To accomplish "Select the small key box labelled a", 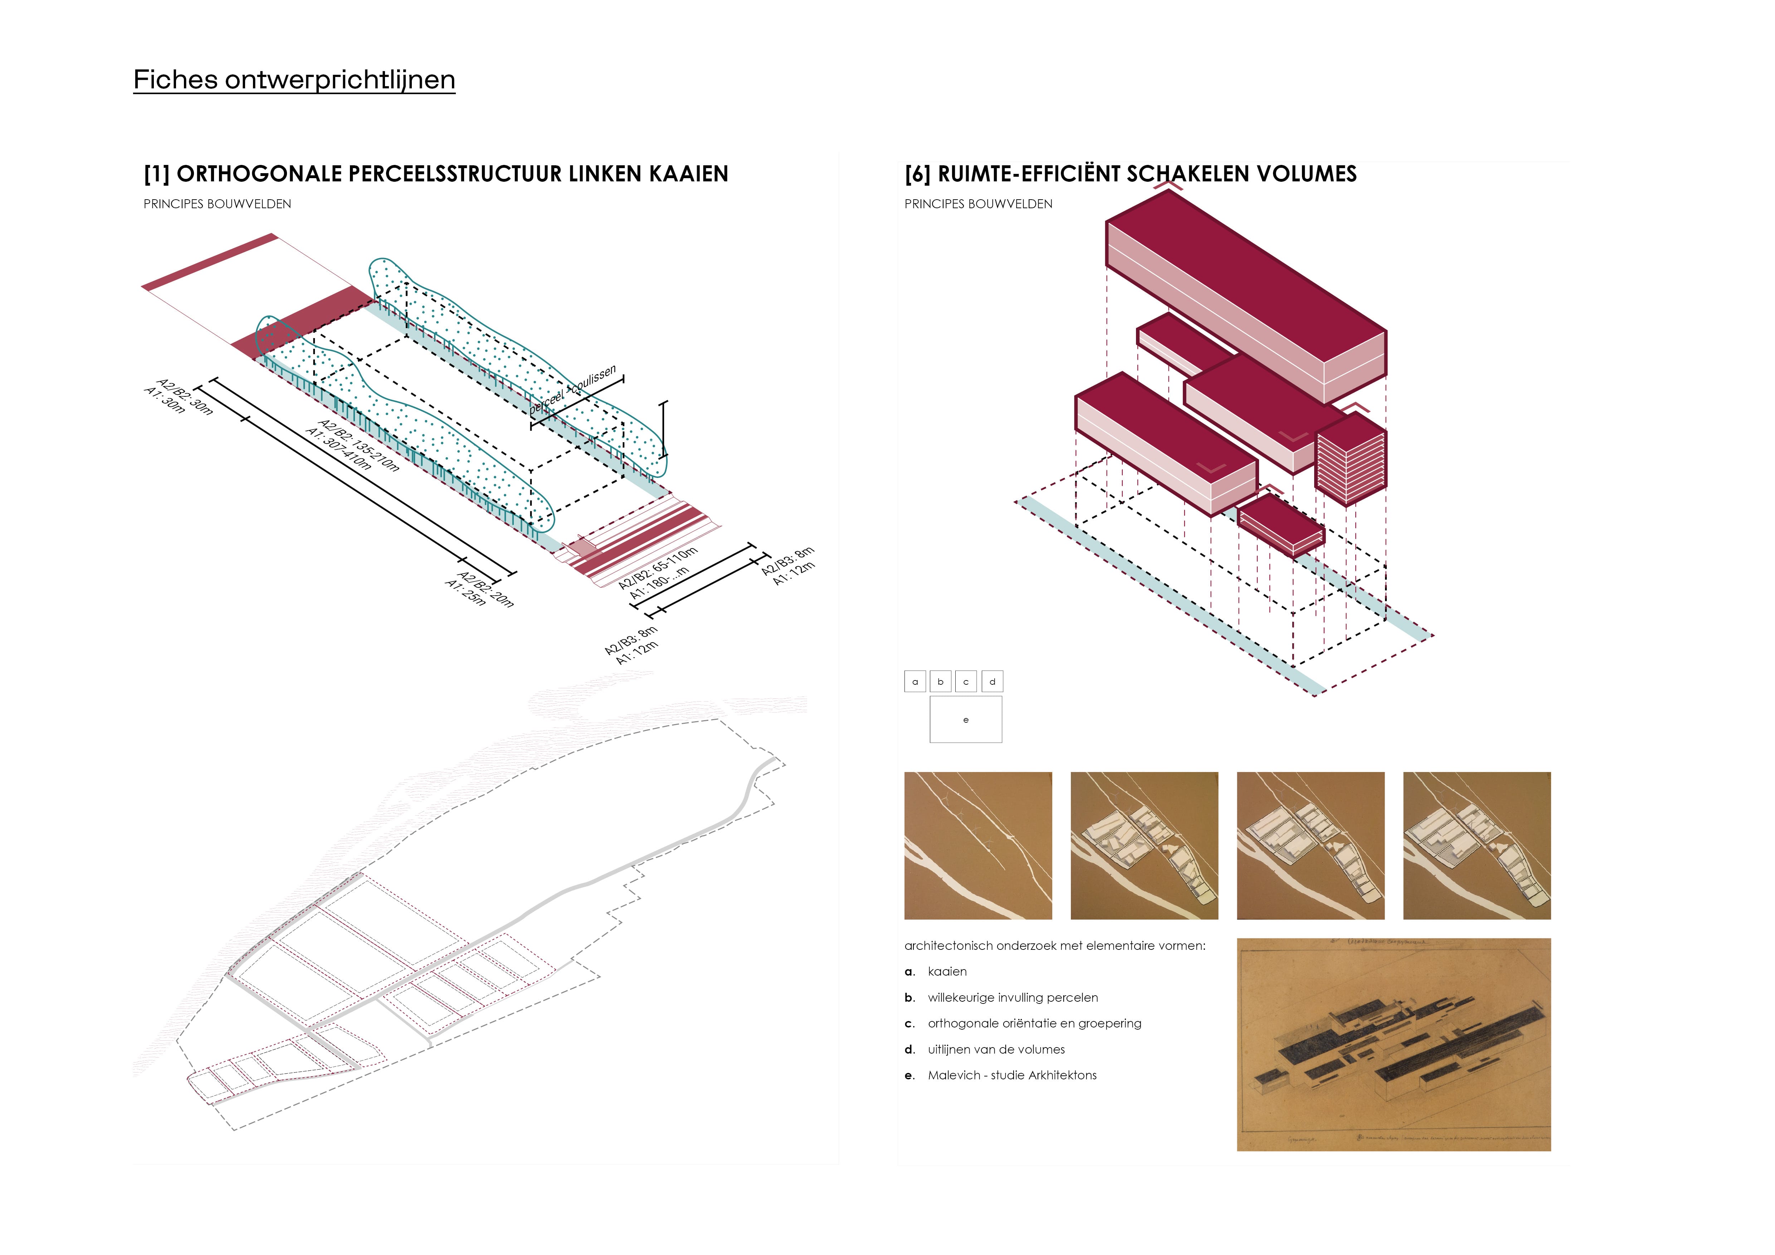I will tap(915, 682).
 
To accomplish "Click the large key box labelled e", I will tap(966, 719).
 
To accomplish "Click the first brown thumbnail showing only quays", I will tap(978, 845).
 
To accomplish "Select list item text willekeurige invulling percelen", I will tap(1013, 998).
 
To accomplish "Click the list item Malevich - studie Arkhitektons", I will tap(1012, 1075).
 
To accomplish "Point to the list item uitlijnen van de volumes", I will tap(996, 1049).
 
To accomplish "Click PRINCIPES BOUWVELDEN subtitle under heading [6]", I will tap(978, 204).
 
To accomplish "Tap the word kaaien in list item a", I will tap(947, 971).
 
